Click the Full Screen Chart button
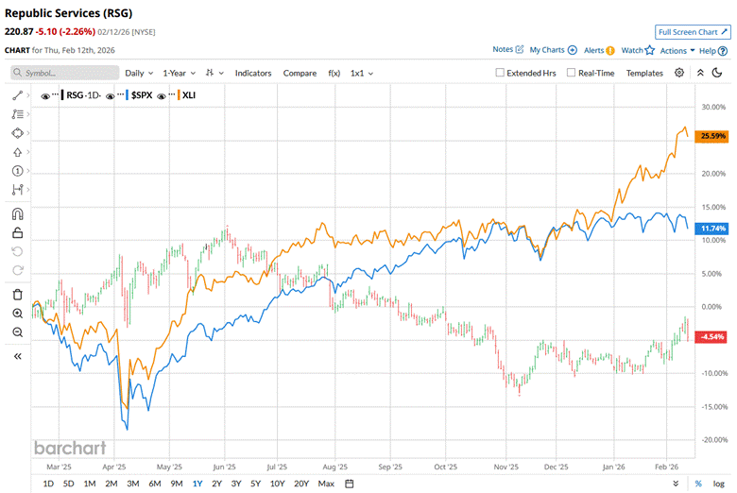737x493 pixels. click(x=693, y=31)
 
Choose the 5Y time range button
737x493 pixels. click(x=256, y=484)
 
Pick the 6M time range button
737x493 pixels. click(x=154, y=484)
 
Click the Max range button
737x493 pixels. click(x=326, y=484)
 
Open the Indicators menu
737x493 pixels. click(x=253, y=73)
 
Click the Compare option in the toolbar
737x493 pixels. click(x=300, y=73)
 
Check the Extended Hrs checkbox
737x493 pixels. click(x=501, y=73)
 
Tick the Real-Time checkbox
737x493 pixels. click(x=571, y=73)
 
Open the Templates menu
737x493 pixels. click(x=644, y=73)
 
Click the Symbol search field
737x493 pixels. click(x=61, y=73)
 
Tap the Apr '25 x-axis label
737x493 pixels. click(x=113, y=466)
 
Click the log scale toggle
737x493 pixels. click(x=718, y=484)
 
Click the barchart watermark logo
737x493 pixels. click(x=70, y=448)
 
